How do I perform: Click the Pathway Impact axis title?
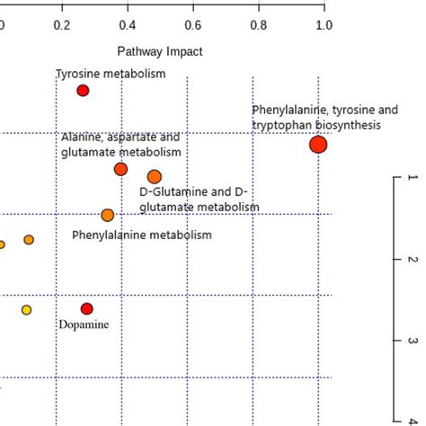[160, 52]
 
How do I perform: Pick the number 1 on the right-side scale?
[412, 178]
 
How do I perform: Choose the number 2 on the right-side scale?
[412, 260]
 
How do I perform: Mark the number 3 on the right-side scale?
[412, 341]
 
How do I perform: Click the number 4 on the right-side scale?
[412, 416]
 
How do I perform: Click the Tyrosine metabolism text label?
[111, 74]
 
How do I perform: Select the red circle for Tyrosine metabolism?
[83, 91]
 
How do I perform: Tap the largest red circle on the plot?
[317, 145]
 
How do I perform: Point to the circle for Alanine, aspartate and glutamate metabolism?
[121, 170]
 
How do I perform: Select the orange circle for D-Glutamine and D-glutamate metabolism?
[155, 176]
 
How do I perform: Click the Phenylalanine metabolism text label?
[142, 235]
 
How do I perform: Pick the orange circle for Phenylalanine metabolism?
[108, 215]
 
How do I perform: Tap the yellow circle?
[26, 310]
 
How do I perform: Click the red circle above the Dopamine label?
[86, 308]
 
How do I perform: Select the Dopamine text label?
[84, 324]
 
